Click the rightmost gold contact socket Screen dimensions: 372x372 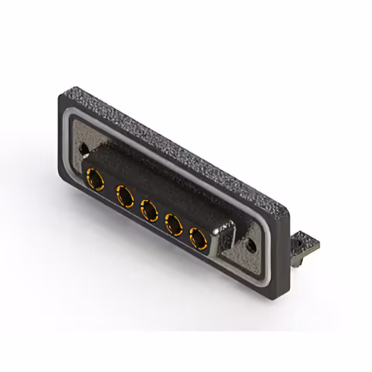pyautogui.click(x=198, y=238)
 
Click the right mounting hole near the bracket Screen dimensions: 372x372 pyautogui.click(x=251, y=245)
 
